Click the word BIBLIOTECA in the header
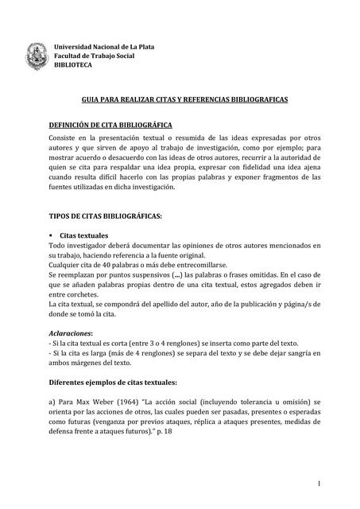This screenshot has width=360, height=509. click(73, 64)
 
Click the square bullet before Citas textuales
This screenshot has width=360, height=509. click(52, 236)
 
